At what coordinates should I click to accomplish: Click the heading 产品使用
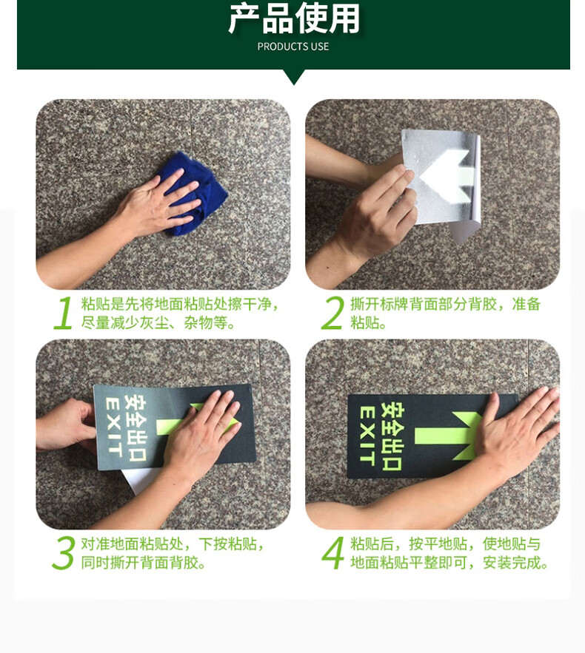(x=293, y=18)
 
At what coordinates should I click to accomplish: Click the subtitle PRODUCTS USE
(x=293, y=47)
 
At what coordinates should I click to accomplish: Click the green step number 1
(x=64, y=312)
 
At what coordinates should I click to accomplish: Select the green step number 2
(x=332, y=312)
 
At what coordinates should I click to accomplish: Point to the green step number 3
(x=64, y=552)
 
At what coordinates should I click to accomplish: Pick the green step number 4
(x=332, y=552)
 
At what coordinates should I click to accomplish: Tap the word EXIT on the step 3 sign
(x=114, y=427)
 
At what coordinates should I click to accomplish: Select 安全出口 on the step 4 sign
(x=392, y=436)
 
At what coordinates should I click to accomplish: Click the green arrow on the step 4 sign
(x=448, y=435)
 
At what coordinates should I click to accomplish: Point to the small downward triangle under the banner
(x=293, y=76)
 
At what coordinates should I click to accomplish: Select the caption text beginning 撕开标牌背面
(x=445, y=313)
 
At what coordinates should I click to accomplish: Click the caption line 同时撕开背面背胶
(x=143, y=563)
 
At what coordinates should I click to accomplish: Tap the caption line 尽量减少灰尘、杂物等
(x=158, y=322)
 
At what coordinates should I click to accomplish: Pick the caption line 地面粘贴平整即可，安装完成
(x=449, y=563)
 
